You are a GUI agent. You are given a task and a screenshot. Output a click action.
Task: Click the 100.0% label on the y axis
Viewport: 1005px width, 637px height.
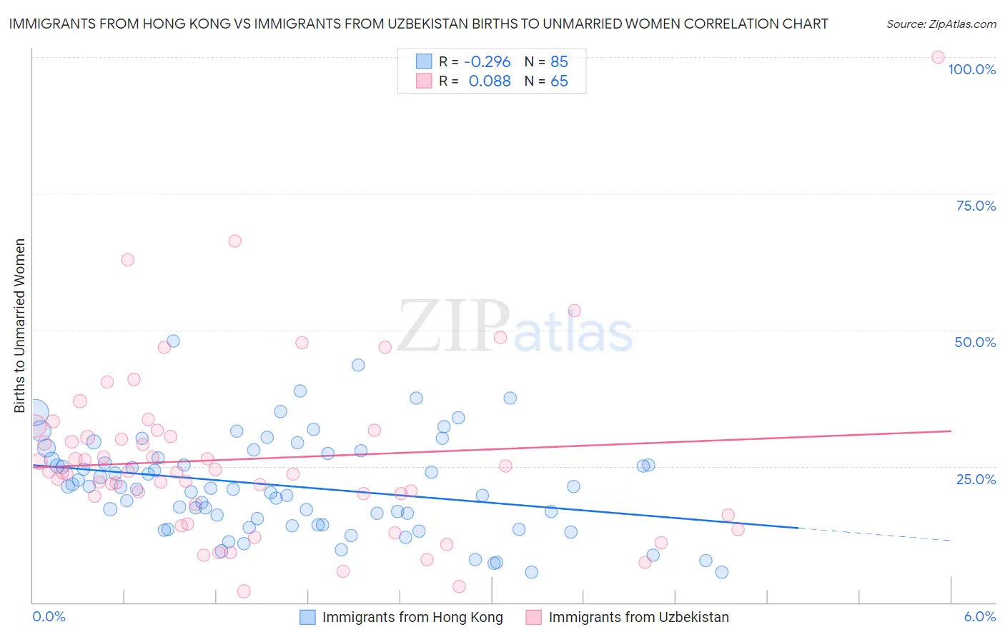pos(971,69)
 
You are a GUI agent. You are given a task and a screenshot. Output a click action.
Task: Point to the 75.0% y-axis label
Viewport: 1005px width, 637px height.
pos(976,206)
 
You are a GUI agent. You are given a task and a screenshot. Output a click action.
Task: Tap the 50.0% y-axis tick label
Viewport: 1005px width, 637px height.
pos(975,342)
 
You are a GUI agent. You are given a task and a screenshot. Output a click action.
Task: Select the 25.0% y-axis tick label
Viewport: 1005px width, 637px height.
pos(976,478)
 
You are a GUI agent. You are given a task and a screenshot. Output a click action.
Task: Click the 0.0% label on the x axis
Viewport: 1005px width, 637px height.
pos(49,616)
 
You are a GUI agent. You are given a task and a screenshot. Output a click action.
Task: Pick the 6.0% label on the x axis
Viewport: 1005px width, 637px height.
pos(980,616)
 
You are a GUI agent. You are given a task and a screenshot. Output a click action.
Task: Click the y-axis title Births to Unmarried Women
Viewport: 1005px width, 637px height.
pos(19,326)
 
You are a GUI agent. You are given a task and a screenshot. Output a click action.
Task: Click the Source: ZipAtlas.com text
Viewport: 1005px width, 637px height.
pos(941,24)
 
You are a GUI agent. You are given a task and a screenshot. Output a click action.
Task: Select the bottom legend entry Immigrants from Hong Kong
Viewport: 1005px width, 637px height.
pos(412,617)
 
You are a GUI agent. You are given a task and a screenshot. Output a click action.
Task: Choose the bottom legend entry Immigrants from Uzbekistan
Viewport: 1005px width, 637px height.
pos(638,617)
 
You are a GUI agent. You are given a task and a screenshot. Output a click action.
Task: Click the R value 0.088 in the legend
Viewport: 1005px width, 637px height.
pos(490,81)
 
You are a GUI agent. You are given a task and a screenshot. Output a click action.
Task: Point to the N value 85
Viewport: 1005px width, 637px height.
pos(559,62)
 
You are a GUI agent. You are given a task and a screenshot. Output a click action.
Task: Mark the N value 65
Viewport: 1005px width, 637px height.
pos(559,81)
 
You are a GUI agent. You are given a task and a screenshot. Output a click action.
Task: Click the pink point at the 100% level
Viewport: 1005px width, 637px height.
pos(938,57)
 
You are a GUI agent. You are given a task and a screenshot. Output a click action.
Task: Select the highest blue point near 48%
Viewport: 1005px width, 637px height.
pos(173,341)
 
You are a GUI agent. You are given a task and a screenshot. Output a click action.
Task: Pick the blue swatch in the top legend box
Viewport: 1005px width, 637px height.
pos(424,61)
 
